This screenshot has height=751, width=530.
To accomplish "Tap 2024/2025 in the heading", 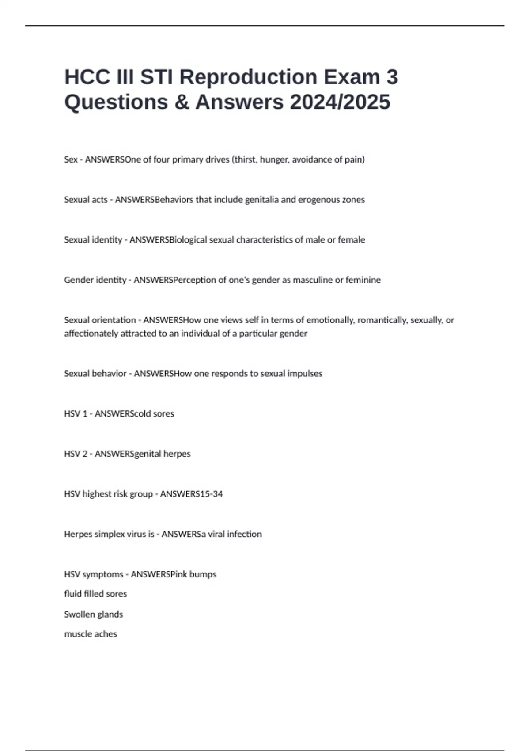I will (340, 102).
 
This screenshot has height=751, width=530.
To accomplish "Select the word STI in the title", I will (157, 77).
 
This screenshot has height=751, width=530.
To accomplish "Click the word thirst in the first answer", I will (244, 159).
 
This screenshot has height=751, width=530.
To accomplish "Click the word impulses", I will (305, 374).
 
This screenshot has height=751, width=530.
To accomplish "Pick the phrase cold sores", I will (155, 414).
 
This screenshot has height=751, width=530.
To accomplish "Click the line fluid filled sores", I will (95, 594).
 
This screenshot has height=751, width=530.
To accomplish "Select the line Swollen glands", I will (94, 614).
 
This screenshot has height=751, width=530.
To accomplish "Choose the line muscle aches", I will (91, 634).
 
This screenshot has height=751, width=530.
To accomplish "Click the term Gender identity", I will (95, 280).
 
